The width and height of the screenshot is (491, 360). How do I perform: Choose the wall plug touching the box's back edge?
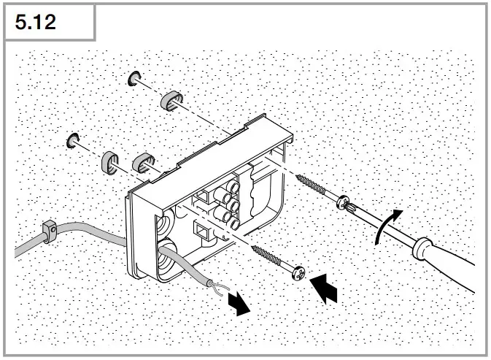tap(144, 164)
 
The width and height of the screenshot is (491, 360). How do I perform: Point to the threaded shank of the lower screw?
tap(269, 260)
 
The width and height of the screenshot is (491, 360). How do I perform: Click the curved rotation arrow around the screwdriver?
tap(386, 226)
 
